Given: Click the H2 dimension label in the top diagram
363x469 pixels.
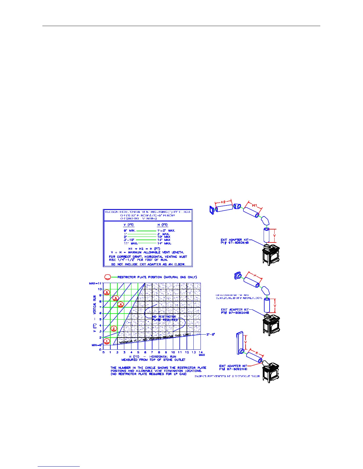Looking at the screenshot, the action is tap(223, 202).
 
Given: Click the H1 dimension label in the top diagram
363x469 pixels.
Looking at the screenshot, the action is tap(254, 205).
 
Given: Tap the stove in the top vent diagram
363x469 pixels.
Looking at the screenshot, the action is tap(270, 254).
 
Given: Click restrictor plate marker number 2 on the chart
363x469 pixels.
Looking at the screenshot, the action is tap(114, 329).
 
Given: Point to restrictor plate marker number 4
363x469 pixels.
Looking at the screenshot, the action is tap(120, 304).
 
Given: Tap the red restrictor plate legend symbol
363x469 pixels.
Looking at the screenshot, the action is tap(108, 277).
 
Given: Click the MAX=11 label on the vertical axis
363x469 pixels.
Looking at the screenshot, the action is tap(95, 283).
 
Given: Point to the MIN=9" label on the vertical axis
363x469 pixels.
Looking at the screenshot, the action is tap(97, 345).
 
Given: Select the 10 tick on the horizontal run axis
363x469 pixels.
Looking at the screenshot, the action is tap(173, 352).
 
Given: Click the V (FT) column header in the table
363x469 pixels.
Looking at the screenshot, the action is tap(129, 225).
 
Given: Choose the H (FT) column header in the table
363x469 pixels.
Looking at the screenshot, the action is tap(163, 225).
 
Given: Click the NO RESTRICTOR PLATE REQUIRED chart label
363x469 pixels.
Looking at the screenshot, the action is tap(165, 318).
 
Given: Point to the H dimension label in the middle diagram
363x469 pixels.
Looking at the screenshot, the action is tap(255, 275).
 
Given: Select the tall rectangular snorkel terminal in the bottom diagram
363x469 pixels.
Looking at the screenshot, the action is tap(239, 343).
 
